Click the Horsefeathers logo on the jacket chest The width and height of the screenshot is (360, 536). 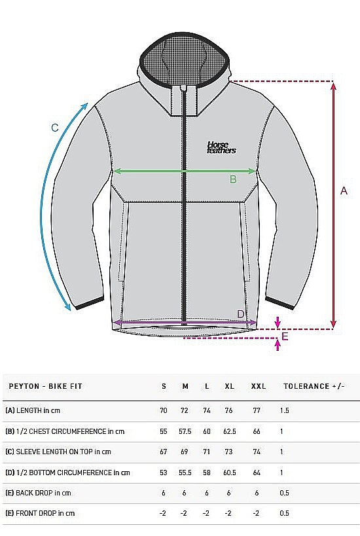pyautogui.click(x=221, y=147)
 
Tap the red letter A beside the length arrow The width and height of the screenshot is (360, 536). pyautogui.click(x=344, y=190)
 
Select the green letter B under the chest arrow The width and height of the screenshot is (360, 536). pyautogui.click(x=233, y=179)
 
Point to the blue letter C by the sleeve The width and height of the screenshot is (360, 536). pyautogui.click(x=55, y=128)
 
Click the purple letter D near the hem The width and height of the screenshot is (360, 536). pyautogui.click(x=241, y=314)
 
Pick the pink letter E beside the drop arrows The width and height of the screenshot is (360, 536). pyautogui.click(x=285, y=336)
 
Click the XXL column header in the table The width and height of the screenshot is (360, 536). pyautogui.click(x=259, y=386)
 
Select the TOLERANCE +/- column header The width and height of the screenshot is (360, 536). pyautogui.click(x=314, y=386)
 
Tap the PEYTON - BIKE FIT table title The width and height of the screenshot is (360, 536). pyautogui.click(x=45, y=386)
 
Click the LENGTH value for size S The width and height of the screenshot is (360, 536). pyautogui.click(x=164, y=410)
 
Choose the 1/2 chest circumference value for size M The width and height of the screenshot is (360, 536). pyautogui.click(x=185, y=431)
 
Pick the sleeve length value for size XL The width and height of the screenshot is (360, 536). pyautogui.click(x=228, y=452)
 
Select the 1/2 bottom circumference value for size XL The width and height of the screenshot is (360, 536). pyautogui.click(x=229, y=473)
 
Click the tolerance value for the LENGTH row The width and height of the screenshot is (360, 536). pyautogui.click(x=285, y=410)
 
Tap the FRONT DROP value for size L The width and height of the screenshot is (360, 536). pyautogui.click(x=206, y=514)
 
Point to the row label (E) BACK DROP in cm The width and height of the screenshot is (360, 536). pyautogui.click(x=38, y=493)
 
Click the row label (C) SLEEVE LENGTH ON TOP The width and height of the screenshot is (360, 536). pyautogui.click(x=49, y=452)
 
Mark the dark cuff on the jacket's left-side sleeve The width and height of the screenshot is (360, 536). pyautogui.click(x=90, y=303)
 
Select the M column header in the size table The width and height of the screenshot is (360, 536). pyautogui.click(x=185, y=386)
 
